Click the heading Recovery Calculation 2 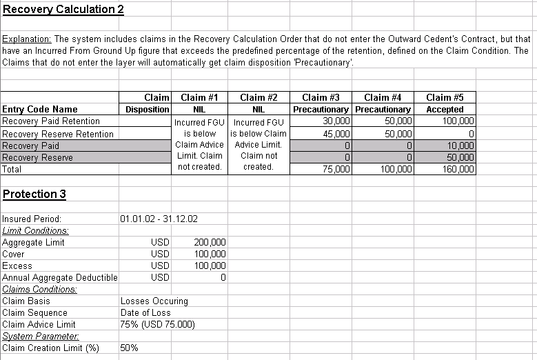pyautogui.click(x=59, y=9)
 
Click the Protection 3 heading pyautogui.click(x=34, y=194)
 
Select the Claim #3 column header pyautogui.click(x=321, y=97)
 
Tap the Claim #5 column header pyautogui.click(x=445, y=97)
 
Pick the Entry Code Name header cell pyautogui.click(x=40, y=109)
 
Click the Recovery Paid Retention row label pyautogui.click(x=51, y=121)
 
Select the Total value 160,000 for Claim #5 pyautogui.click(x=459, y=170)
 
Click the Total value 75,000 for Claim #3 pyautogui.click(x=338, y=170)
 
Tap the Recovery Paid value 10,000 pyautogui.click(x=461, y=146)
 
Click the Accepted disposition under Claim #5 pyautogui.click(x=445, y=109)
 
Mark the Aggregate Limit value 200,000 pyautogui.click(x=211, y=242)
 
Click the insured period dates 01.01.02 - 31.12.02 pyautogui.click(x=159, y=219)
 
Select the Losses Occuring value pyautogui.click(x=154, y=301)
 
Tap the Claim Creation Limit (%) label pyautogui.click(x=51, y=348)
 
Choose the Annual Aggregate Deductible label pyautogui.click(x=60, y=277)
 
